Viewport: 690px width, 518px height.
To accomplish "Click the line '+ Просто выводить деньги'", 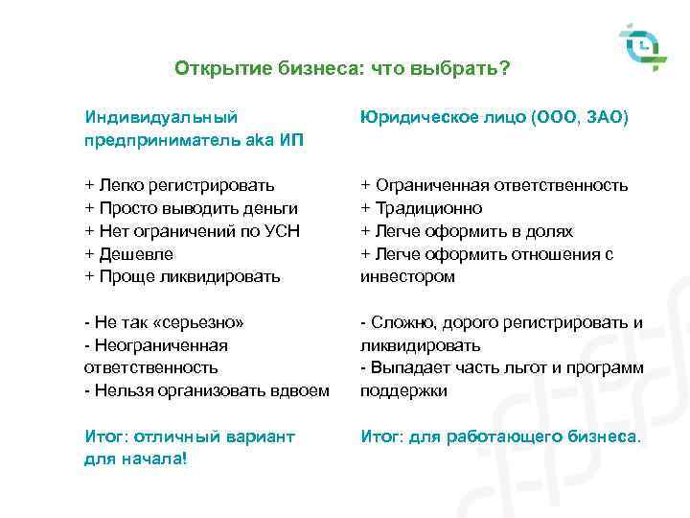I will point(192,208).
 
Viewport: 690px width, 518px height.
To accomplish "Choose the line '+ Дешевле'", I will point(126,254).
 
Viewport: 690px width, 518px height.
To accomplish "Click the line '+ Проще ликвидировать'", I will point(183,277).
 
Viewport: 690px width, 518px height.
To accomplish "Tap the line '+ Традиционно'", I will point(422,208).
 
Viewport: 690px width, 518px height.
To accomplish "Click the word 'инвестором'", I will point(407,277).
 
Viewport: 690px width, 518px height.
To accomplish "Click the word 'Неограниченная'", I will point(160,344).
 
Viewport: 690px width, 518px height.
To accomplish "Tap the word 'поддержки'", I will point(403,390).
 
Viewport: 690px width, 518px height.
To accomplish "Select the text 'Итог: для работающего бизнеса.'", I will point(500,436).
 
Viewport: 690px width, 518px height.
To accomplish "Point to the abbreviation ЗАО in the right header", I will point(605,117).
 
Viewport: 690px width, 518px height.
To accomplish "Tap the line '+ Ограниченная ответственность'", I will point(494,185).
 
